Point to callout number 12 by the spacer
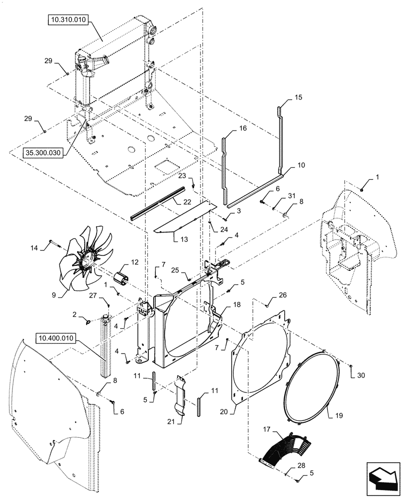tap(120, 261)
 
